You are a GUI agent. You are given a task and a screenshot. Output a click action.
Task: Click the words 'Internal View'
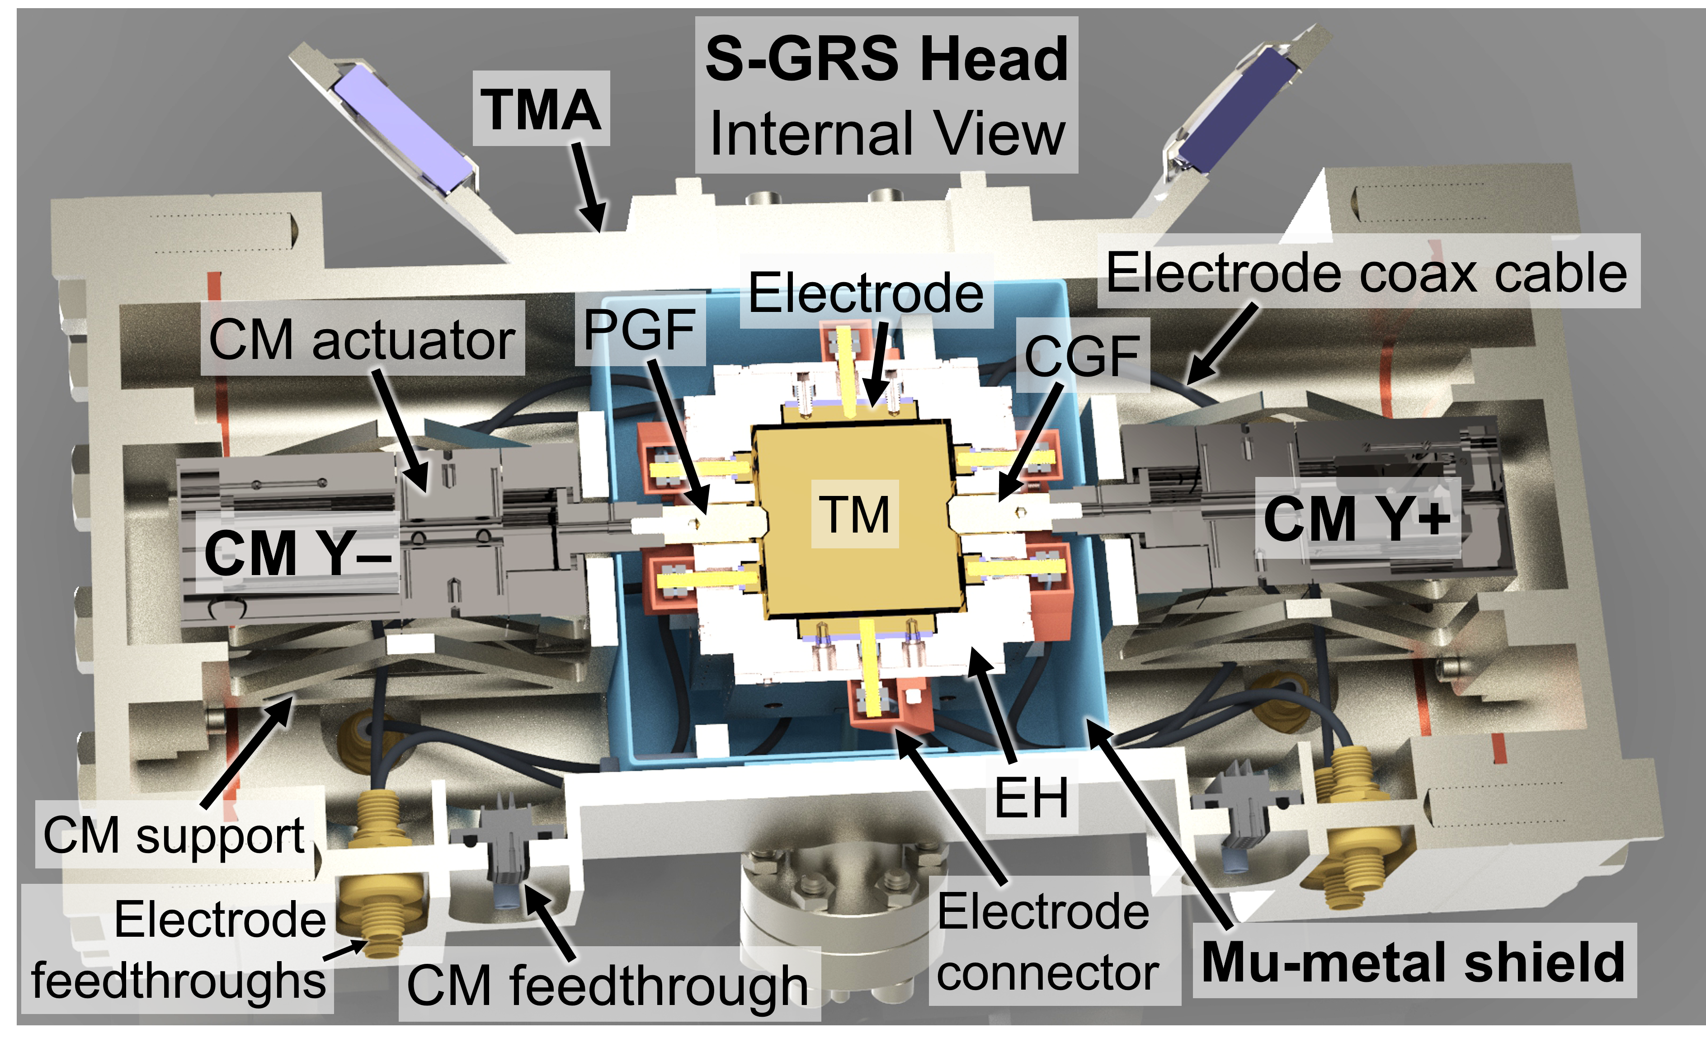[x=887, y=133]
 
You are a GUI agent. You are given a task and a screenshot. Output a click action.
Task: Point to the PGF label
[x=639, y=328]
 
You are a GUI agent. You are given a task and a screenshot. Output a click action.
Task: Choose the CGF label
[x=1082, y=355]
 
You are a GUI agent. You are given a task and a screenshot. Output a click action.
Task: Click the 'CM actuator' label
[x=362, y=340]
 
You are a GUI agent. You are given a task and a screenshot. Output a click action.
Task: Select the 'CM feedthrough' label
[x=607, y=985]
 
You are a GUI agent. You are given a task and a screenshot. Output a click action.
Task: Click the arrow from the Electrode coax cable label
[x=1221, y=344]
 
